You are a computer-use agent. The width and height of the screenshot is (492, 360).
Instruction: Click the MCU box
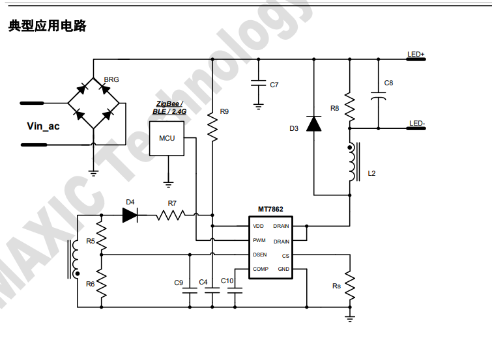pyautogui.click(x=167, y=138)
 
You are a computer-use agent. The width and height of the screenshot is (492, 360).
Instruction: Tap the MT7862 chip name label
pyautogui.click(x=270, y=209)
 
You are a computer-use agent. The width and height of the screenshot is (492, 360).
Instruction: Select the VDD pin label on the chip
pyautogui.click(x=259, y=227)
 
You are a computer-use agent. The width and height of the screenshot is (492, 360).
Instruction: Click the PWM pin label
pyautogui.click(x=259, y=241)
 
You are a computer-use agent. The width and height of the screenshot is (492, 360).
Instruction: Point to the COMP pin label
pyautogui.click(x=261, y=269)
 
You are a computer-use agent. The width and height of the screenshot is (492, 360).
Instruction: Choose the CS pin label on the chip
pyautogui.click(x=285, y=255)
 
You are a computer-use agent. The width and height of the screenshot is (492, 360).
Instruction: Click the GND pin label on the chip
pyautogui.click(x=283, y=269)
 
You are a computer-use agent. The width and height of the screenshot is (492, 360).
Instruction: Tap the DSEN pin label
pyautogui.click(x=260, y=255)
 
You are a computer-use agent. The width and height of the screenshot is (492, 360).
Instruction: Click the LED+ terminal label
pyautogui.click(x=415, y=54)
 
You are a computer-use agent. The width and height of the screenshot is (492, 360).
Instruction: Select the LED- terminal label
pyautogui.click(x=416, y=123)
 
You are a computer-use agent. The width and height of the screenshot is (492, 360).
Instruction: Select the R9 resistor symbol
pyautogui.click(x=212, y=126)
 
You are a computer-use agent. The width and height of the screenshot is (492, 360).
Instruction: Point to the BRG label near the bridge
pyautogui.click(x=111, y=79)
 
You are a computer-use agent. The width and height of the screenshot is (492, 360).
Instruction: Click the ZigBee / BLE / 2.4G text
pyautogui.click(x=168, y=107)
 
